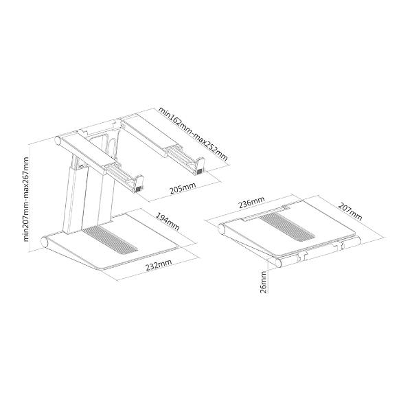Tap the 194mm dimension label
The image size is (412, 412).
pos(168,221)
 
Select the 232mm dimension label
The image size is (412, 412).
pos(159,265)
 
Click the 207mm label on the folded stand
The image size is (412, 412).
pos(350,211)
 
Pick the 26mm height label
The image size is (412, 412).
pos(263,282)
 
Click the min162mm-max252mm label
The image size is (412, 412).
pos(193,134)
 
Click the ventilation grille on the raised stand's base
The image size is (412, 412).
pos(110,239)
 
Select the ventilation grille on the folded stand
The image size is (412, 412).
pos(287,227)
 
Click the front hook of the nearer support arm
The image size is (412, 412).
pos(139,184)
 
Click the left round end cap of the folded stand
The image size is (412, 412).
pos(222,229)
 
